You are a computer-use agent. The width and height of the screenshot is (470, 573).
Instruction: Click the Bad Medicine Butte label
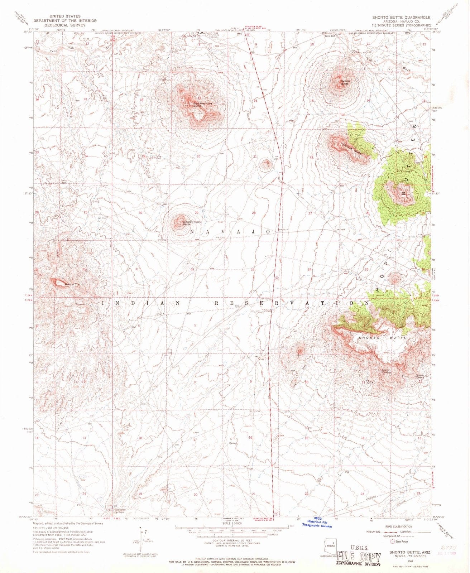click(203, 105)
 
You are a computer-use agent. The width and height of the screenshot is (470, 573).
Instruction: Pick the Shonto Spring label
click(420, 376)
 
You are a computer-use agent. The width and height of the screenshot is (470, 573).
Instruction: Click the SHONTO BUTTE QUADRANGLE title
click(397, 17)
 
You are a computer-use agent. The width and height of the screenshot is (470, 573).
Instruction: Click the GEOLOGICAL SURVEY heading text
click(65, 25)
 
